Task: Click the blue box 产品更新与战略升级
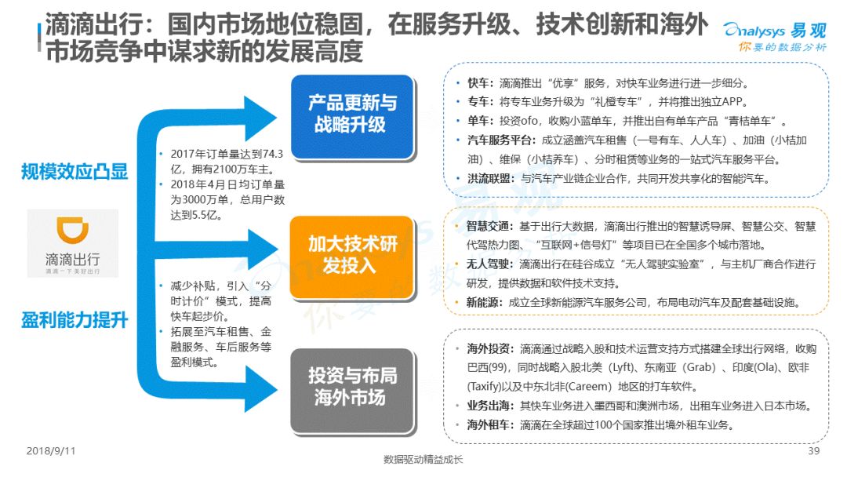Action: pyautogui.click(x=352, y=116)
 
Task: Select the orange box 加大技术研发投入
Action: pyautogui.click(x=352, y=257)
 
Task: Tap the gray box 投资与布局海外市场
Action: pyautogui.click(x=352, y=390)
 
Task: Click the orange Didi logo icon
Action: pyautogui.click(x=72, y=230)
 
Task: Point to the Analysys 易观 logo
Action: pyautogui.click(x=775, y=36)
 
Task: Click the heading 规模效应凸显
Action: pyautogui.click(x=75, y=172)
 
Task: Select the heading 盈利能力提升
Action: pyautogui.click(x=75, y=320)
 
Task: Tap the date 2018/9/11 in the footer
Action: pyautogui.click(x=51, y=450)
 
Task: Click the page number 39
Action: pyautogui.click(x=813, y=450)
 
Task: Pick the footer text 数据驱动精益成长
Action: pyautogui.click(x=423, y=459)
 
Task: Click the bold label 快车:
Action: pyautogui.click(x=480, y=83)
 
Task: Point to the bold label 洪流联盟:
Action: pyautogui.click(x=491, y=178)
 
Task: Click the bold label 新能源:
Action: pyautogui.click(x=485, y=302)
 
